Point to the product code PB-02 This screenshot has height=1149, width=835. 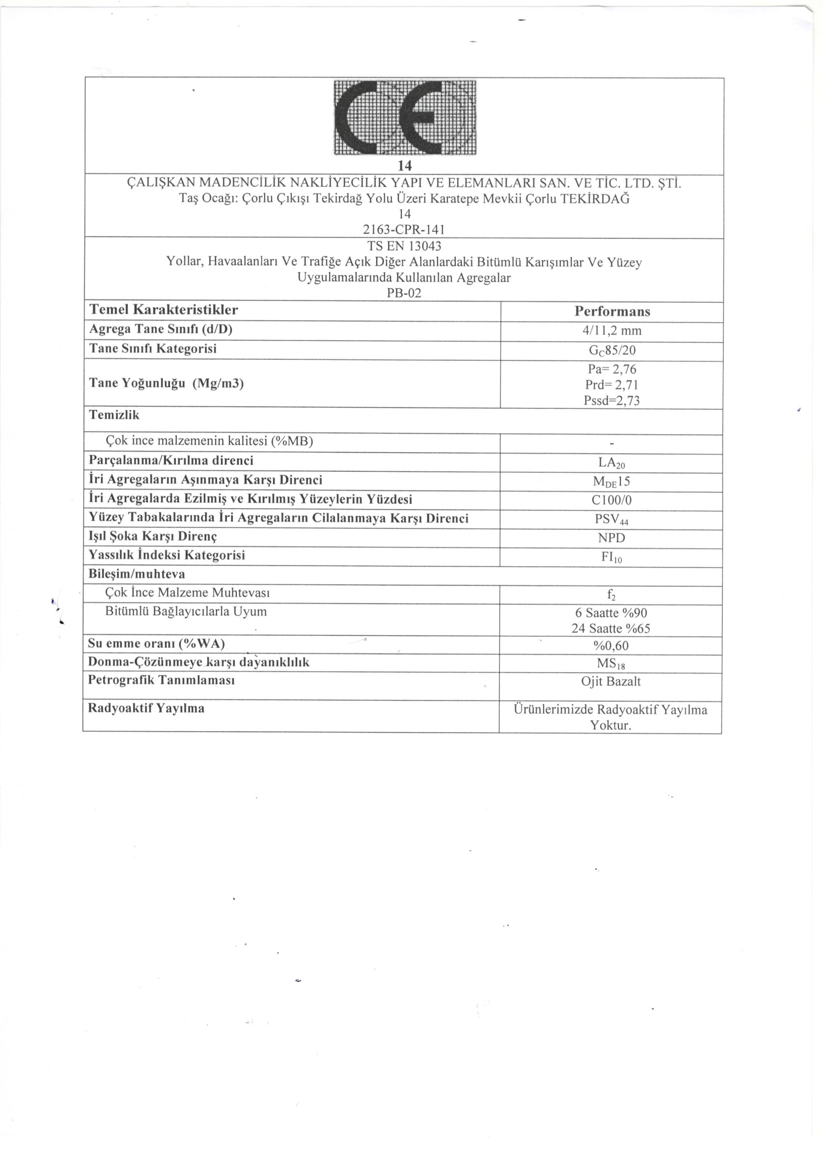(x=404, y=293)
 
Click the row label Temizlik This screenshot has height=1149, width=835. (x=114, y=415)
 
